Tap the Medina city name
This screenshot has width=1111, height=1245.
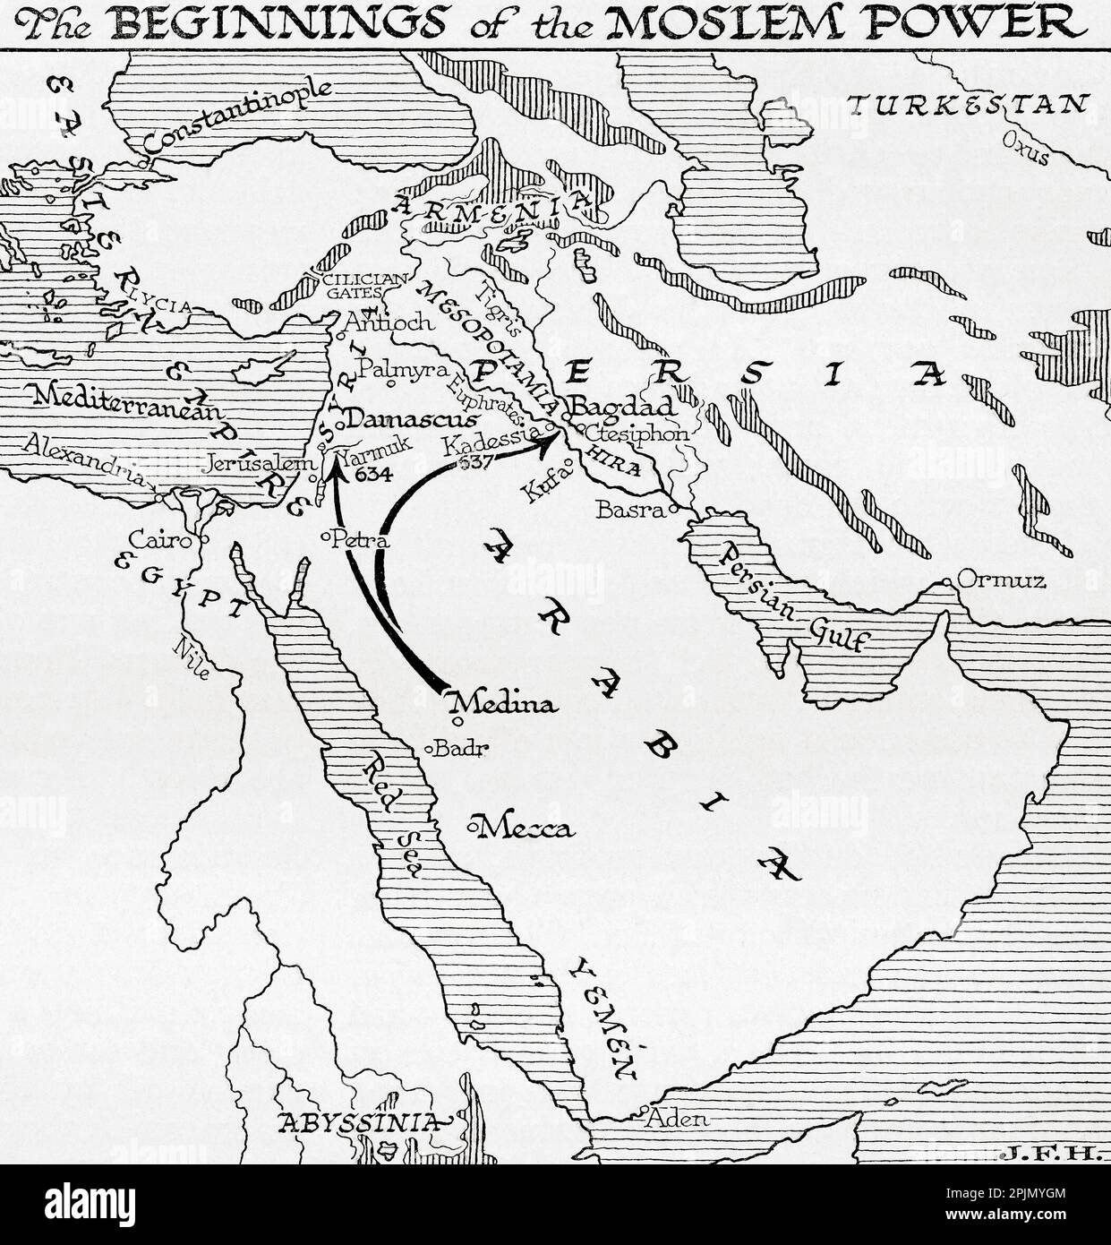tap(507, 704)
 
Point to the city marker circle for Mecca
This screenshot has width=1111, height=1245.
tap(472, 824)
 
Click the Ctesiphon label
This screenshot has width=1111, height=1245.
tap(639, 434)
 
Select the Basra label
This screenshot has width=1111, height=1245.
tap(633, 511)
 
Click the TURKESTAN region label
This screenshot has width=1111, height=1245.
tap(969, 106)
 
